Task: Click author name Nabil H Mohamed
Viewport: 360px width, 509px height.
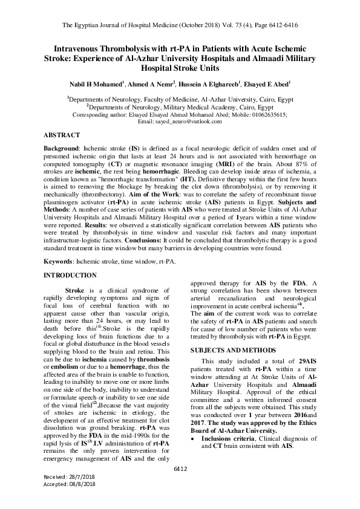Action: tap(100, 84)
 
